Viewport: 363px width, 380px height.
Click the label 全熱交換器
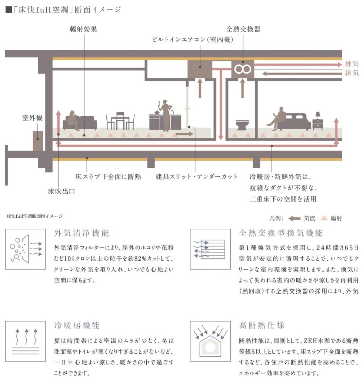[x=243, y=29]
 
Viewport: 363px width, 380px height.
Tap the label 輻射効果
[x=83, y=29]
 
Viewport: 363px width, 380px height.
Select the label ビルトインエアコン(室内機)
[x=193, y=39]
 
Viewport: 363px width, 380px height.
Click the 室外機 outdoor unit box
[x=38, y=140]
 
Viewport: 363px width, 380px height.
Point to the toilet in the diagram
[x=242, y=125]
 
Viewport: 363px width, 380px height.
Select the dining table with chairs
[x=120, y=121]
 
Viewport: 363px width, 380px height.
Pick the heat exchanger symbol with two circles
[x=243, y=69]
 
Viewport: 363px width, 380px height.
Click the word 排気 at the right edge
[x=352, y=63]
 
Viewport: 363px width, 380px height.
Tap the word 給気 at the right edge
[x=352, y=73]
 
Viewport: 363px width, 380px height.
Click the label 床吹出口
[x=61, y=191]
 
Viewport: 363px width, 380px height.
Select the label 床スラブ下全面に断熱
[x=108, y=176]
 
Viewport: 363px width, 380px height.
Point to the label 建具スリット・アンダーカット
[x=197, y=176]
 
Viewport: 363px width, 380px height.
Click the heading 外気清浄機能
[x=81, y=233]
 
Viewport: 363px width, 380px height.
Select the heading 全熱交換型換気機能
[x=281, y=233]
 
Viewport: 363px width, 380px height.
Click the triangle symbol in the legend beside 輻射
[x=324, y=218]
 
